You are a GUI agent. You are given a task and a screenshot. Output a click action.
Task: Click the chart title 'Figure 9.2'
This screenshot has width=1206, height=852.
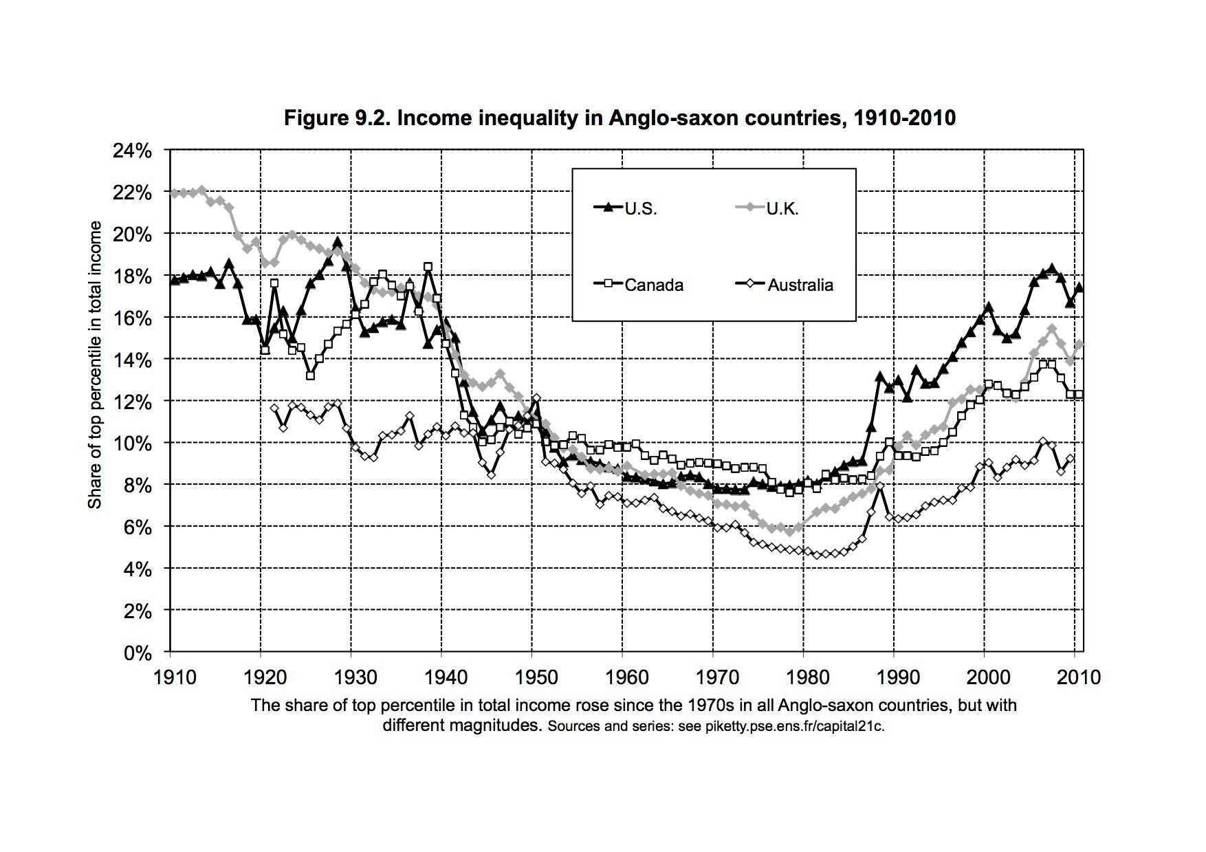point(620,118)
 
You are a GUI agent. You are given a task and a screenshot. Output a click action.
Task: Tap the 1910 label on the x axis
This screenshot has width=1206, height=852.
point(175,677)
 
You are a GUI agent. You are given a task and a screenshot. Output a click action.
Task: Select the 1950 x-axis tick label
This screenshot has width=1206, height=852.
point(536,677)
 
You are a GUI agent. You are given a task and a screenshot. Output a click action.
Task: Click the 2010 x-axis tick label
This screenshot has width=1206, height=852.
point(1079,677)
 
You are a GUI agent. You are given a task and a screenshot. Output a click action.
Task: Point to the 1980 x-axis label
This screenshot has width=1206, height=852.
point(807,677)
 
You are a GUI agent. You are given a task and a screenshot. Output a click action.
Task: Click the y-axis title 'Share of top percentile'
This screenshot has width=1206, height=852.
point(95,364)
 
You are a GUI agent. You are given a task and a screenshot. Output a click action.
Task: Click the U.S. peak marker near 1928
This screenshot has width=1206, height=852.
point(337,242)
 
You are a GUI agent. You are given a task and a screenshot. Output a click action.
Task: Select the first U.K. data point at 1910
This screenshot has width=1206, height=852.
point(175,194)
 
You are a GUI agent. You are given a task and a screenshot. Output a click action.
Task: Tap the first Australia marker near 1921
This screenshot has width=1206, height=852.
point(274,408)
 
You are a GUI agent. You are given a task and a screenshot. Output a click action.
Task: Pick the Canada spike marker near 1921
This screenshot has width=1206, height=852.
point(274,283)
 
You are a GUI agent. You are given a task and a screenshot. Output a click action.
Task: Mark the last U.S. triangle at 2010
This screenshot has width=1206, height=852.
point(1079,287)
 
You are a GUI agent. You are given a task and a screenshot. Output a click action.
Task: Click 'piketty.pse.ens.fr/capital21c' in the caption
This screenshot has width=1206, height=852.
point(793,726)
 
